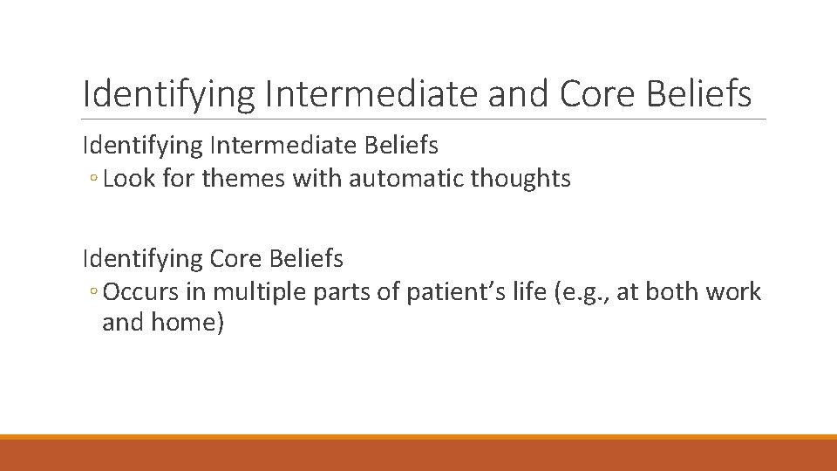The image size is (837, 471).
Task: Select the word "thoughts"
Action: point(521,179)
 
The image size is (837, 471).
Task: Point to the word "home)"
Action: point(187,323)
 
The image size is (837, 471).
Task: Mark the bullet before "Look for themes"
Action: point(92,181)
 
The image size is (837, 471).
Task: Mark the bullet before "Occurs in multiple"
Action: point(92,293)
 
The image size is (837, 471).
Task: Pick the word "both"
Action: point(670,291)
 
